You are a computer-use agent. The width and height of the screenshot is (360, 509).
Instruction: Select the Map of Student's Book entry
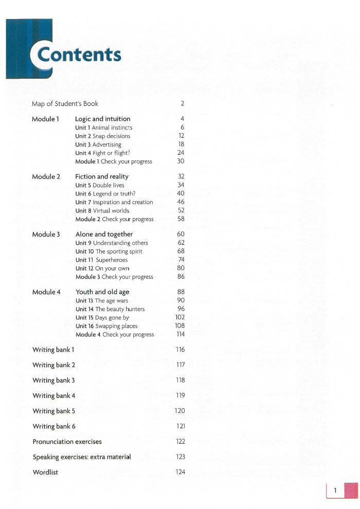pyautogui.click(x=65, y=104)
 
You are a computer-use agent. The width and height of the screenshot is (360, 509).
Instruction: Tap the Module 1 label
pyautogui.click(x=45, y=119)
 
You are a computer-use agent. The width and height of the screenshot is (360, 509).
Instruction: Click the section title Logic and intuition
pyautogui.click(x=103, y=119)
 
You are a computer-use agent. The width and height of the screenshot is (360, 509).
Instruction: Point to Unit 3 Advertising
pyautogui.click(x=98, y=144)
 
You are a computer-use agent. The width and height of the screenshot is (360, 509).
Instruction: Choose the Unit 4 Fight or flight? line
pyautogui.click(x=102, y=153)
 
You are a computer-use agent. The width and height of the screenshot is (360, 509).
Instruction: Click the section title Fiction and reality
pyautogui.click(x=102, y=177)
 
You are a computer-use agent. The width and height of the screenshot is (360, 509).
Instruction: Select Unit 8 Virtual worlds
pyautogui.click(x=102, y=211)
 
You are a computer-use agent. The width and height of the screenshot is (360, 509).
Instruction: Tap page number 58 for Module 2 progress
pyautogui.click(x=181, y=219)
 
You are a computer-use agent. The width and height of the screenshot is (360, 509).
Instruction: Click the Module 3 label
pyautogui.click(x=46, y=234)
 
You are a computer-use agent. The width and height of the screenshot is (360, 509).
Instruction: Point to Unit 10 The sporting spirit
pyautogui.click(x=109, y=251)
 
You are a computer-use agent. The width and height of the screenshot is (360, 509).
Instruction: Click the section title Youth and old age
pyautogui.click(x=102, y=292)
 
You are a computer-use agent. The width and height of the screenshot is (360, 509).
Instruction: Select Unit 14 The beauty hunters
pyautogui.click(x=110, y=309)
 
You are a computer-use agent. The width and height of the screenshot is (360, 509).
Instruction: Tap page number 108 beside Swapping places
pyautogui.click(x=180, y=326)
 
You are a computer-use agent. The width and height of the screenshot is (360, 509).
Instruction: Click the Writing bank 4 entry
pyautogui.click(x=54, y=396)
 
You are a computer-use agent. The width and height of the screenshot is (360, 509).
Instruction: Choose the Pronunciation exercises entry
pyautogui.click(x=67, y=442)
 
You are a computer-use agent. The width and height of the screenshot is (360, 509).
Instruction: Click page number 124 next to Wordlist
pyautogui.click(x=180, y=472)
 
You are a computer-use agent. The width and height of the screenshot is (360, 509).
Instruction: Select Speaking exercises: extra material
pyautogui.click(x=82, y=457)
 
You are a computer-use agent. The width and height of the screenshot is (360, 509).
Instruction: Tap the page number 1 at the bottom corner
pyautogui.click(x=335, y=491)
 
